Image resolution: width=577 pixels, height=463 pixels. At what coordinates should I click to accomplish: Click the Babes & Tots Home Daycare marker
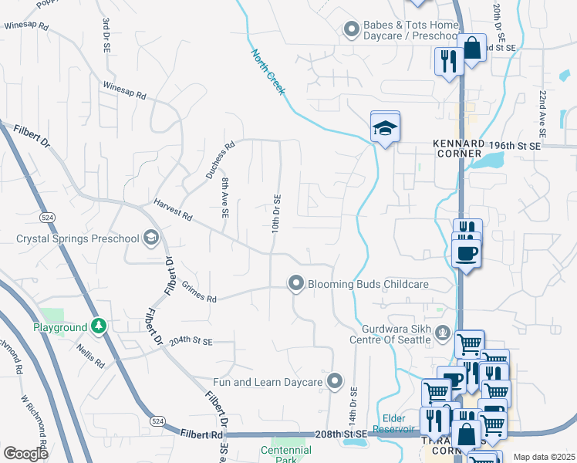coord(352,29)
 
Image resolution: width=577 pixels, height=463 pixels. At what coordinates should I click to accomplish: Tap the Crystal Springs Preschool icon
coord(150,238)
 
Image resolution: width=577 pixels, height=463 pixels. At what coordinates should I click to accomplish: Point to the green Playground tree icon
coord(98,326)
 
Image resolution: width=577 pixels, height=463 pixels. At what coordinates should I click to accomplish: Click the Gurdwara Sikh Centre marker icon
coord(443,333)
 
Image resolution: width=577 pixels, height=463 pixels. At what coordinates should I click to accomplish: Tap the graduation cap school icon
coord(385,128)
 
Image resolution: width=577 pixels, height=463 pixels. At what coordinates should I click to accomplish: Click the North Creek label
coord(268,73)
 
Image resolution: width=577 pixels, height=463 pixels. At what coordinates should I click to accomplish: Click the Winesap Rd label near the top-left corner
coord(26,25)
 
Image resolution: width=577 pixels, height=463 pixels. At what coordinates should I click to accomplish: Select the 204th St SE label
coord(190,340)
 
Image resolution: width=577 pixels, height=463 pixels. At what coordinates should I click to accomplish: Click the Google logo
coord(25,454)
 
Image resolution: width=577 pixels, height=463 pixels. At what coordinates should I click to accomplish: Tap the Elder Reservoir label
coord(394,424)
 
